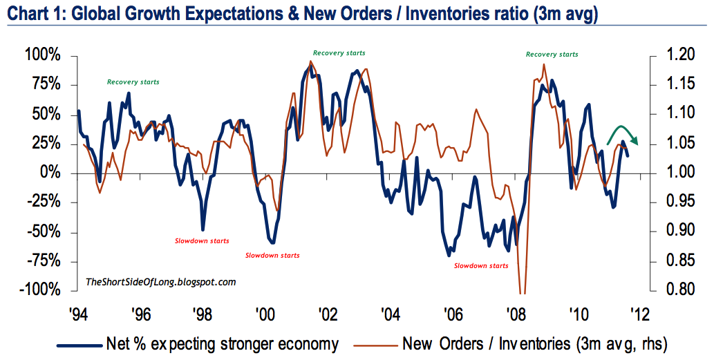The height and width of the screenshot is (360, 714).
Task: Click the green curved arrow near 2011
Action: (622, 134)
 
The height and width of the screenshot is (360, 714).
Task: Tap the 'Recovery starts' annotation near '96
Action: (133, 82)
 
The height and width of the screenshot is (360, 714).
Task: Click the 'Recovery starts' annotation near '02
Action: (339, 53)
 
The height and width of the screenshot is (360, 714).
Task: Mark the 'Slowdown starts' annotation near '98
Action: (202, 241)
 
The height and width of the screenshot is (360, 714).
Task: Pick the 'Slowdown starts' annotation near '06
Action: (481, 265)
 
